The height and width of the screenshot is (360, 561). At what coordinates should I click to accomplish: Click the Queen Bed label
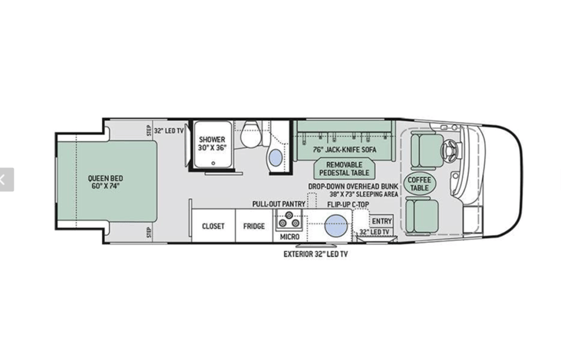pyautogui.click(x=105, y=182)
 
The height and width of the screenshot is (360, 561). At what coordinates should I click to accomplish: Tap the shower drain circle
pyautogui.click(x=213, y=163)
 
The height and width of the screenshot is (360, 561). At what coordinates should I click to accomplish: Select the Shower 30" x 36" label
pyautogui.click(x=212, y=144)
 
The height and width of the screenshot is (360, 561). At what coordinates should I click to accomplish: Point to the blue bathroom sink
pyautogui.click(x=276, y=157)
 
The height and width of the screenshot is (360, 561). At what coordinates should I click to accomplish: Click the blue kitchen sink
pyautogui.click(x=336, y=226)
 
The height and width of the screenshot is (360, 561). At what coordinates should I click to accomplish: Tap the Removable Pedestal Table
pyautogui.click(x=344, y=169)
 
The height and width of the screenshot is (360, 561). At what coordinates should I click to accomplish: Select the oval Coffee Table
pyautogui.click(x=419, y=183)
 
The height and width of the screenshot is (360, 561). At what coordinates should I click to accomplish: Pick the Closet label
pyautogui.click(x=213, y=226)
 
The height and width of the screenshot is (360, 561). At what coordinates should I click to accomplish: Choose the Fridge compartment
pyautogui.click(x=254, y=226)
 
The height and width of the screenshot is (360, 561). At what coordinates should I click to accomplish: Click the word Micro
pyautogui.click(x=290, y=237)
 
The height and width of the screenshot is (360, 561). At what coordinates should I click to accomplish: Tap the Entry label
pyautogui.click(x=381, y=221)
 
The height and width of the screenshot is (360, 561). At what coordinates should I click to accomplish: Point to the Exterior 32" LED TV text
pyautogui.click(x=315, y=254)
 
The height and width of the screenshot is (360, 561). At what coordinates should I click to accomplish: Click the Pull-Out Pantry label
pyautogui.click(x=279, y=204)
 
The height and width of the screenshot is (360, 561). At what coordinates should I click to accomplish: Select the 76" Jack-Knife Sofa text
pyautogui.click(x=345, y=150)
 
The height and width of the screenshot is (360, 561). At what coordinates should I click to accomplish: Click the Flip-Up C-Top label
pyautogui.click(x=348, y=204)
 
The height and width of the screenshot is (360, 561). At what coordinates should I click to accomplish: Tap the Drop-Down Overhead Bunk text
pyautogui.click(x=353, y=187)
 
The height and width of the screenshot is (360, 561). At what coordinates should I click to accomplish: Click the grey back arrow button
pyautogui.click(x=6, y=180)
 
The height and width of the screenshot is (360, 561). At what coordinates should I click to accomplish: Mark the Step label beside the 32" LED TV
pyautogui.click(x=149, y=130)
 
